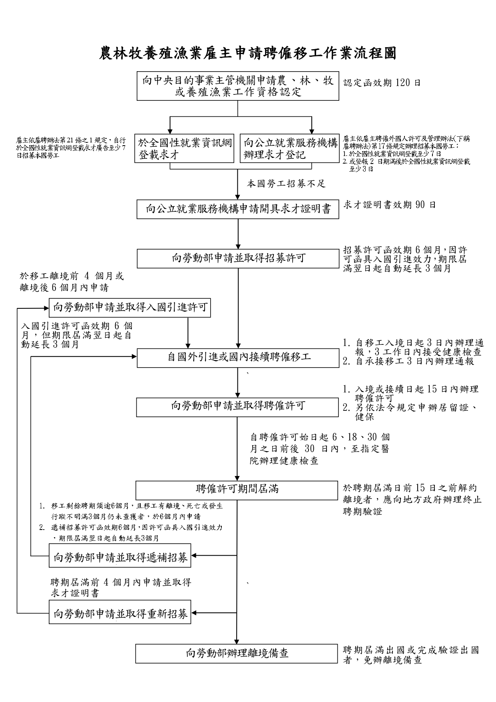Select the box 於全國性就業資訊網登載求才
coord(184,148)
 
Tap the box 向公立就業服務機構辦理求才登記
coord(290,148)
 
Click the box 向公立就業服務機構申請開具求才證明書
coord(238,209)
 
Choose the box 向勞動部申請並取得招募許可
coord(238,258)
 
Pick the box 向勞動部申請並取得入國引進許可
coord(130,308)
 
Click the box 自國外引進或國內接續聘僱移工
coord(238,358)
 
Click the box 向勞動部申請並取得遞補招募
coord(120,556)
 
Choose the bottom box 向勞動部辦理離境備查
coord(237,654)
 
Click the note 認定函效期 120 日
coord(382,83)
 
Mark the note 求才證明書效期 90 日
coord(390,205)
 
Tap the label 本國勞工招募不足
coord(286,184)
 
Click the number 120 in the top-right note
coord(402,83)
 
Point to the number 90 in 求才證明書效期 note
coord(420,205)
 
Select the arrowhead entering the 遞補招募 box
coord(194,556)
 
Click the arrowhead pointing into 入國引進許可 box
coord(46,308)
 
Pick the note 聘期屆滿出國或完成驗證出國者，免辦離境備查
coord(411,655)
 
